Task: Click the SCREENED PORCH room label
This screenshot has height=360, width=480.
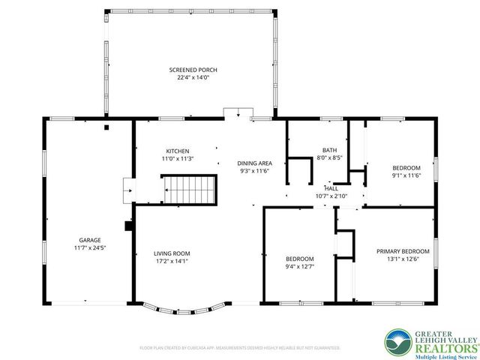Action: pyautogui.click(x=188, y=69)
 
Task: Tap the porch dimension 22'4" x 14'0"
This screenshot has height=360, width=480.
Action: pyautogui.click(x=188, y=76)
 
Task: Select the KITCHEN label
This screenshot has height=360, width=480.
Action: pyautogui.click(x=178, y=151)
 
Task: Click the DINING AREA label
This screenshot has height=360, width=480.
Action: pyautogui.click(x=254, y=163)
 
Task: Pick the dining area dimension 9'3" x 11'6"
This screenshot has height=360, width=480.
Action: pyautogui.click(x=254, y=171)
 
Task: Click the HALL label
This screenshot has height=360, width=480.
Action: pyautogui.click(x=331, y=189)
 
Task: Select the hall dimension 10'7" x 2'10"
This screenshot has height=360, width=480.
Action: pyautogui.click(x=331, y=196)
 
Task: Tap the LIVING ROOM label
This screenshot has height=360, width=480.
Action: pyautogui.click(x=172, y=253)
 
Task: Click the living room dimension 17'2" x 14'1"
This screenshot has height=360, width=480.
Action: pyautogui.click(x=172, y=262)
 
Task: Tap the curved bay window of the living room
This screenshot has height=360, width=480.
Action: pyautogui.click(x=183, y=308)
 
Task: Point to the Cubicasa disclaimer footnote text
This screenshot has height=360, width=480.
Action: pyautogui.click(x=240, y=348)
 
